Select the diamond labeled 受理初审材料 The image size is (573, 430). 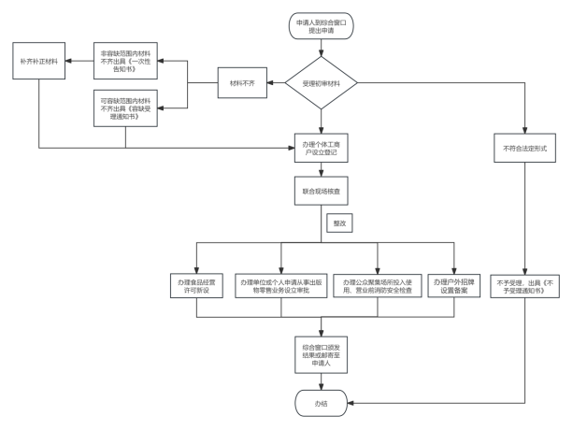[x=321, y=84]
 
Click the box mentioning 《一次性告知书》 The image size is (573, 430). [x=126, y=61]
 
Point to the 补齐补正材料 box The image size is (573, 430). [x=38, y=61]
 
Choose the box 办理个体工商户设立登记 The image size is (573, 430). [x=321, y=147]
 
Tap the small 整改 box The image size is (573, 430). [x=337, y=223]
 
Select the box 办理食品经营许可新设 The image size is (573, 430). [x=195, y=286]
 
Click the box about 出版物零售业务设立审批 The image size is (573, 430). [x=280, y=286]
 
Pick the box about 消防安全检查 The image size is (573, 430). [x=376, y=286]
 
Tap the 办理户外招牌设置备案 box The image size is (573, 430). [x=454, y=286]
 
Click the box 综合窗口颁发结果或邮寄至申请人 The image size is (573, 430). [x=321, y=352]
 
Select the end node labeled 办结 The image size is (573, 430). [x=321, y=403]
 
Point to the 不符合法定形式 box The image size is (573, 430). [x=523, y=148]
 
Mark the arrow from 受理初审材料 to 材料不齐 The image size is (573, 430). [x=277, y=84]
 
